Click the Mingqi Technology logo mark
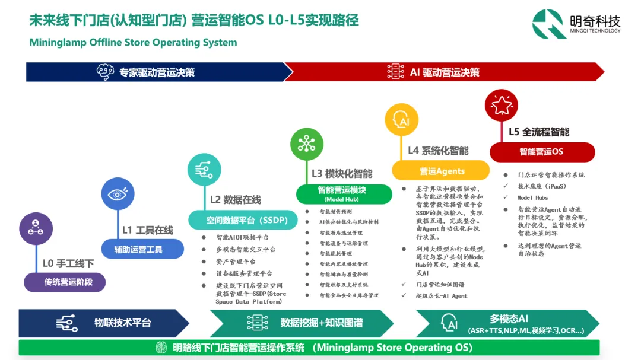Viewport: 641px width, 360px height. coord(550,24)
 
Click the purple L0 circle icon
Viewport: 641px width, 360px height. coord(36,229)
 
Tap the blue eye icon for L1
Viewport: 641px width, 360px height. coord(118,193)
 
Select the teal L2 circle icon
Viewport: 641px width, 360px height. coord(204,170)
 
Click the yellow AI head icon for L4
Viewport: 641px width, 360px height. coord(402,120)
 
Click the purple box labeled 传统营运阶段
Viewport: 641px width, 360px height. coord(65,282)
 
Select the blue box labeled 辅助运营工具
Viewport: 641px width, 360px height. coord(142,249)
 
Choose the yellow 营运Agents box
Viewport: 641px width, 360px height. coord(440,171)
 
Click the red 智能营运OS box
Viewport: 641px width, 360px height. coord(541,152)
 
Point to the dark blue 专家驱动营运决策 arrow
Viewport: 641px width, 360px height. coord(154,72)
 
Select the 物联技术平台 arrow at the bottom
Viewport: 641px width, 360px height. coord(104,323)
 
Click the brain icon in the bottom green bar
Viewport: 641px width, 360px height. coord(161,348)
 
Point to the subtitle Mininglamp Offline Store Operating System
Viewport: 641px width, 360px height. coord(133,43)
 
